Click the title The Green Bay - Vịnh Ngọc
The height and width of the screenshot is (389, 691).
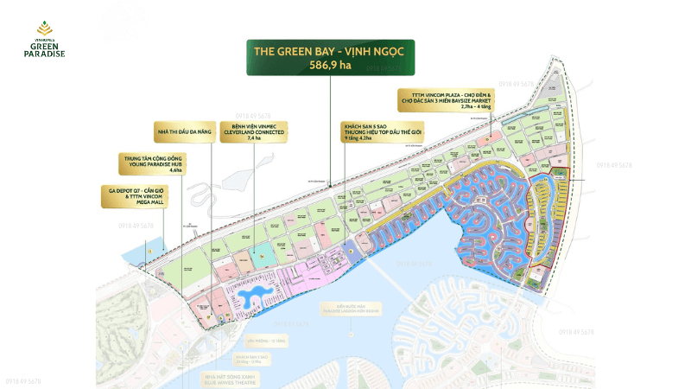coord(329,51)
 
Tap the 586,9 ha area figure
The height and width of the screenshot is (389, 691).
coord(329,64)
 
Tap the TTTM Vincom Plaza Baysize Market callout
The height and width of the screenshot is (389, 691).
coord(447,103)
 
